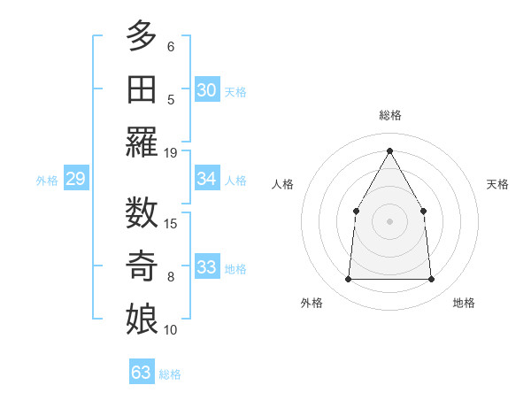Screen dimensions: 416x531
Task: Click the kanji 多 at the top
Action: (142, 37)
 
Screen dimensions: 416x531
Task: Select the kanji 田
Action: (142, 89)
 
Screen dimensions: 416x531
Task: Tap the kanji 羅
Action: (142, 143)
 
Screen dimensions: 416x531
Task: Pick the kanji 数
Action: (142, 213)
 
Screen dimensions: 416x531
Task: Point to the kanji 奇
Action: (142, 266)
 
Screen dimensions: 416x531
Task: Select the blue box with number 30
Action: (207, 89)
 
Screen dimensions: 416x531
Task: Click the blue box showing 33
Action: (207, 268)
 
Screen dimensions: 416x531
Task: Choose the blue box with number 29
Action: (75, 180)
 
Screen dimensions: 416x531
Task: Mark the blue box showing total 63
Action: (141, 373)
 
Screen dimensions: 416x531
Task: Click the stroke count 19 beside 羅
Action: (171, 152)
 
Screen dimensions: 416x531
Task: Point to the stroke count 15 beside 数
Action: (171, 223)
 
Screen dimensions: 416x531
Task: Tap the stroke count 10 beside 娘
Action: (171, 330)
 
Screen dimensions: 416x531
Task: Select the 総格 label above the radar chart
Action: (390, 115)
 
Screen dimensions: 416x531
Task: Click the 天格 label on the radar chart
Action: (498, 184)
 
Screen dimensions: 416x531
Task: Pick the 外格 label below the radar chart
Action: (312, 303)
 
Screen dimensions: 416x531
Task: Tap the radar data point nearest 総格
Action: (389, 150)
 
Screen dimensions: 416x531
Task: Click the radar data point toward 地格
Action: (432, 280)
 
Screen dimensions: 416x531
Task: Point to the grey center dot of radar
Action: (389, 220)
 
